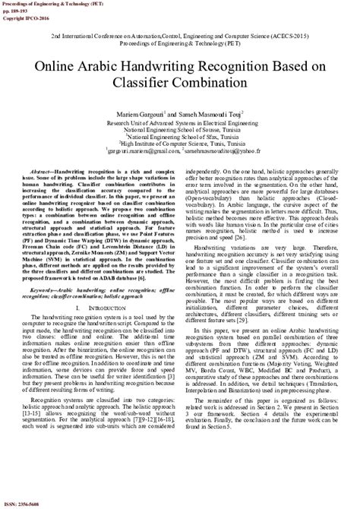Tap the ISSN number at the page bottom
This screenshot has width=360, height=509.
(x=23, y=504)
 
